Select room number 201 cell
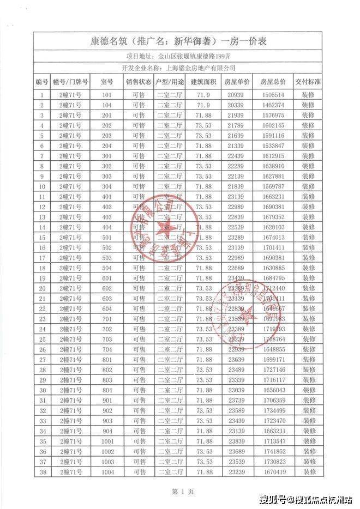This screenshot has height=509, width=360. click(107, 115)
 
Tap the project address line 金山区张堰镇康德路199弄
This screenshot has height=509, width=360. click(180, 56)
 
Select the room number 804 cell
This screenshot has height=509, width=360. click(107, 390)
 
